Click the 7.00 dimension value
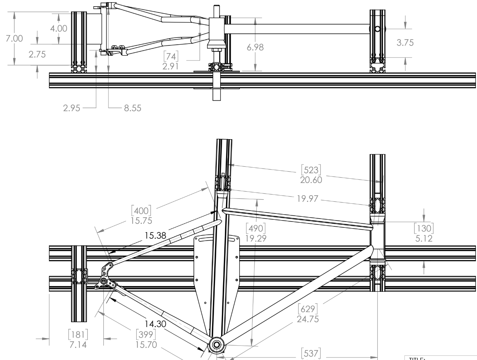click(14, 38)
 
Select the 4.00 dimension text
click(59, 29)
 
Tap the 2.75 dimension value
click(37, 54)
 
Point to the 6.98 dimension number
click(255, 47)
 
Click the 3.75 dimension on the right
click(405, 42)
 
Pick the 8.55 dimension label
click(132, 108)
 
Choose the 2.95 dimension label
click(71, 108)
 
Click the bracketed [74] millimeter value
click(170, 56)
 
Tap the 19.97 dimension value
click(307, 199)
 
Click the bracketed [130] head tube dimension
click(424, 229)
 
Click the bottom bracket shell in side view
click(216, 345)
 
